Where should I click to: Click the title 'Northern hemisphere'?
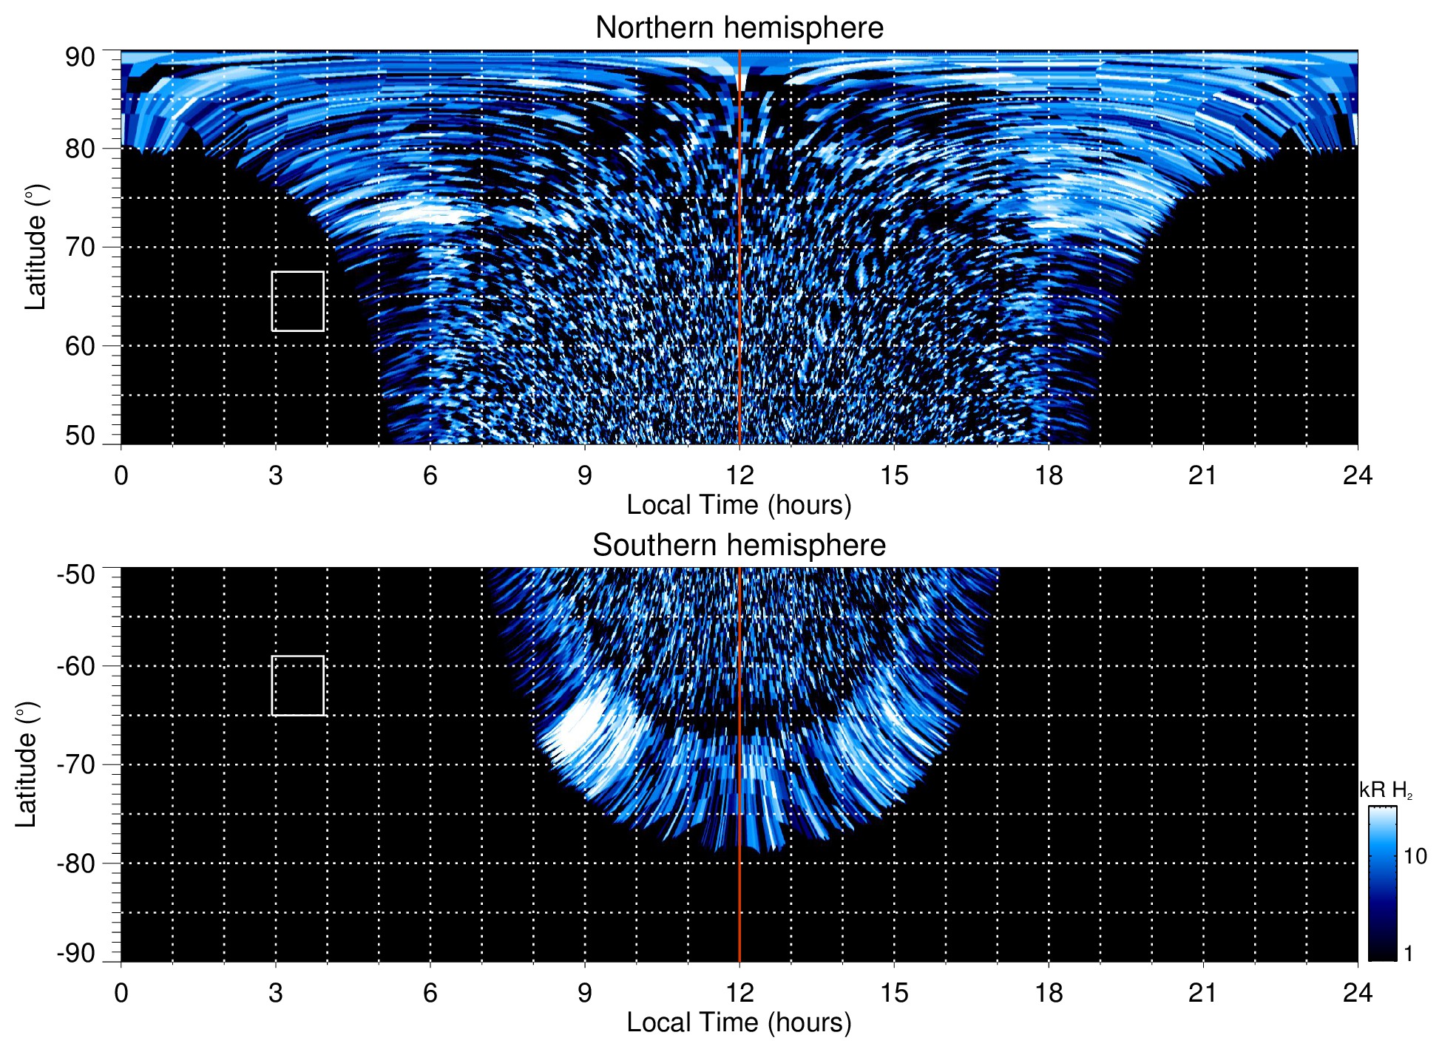click(x=739, y=28)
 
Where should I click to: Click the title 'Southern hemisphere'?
click(x=739, y=546)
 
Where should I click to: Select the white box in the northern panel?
click(x=297, y=301)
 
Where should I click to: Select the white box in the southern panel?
click(x=297, y=685)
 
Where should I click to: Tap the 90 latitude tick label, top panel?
click(x=80, y=58)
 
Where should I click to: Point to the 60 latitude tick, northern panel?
click(x=80, y=346)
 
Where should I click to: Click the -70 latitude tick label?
click(x=75, y=764)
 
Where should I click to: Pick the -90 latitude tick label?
click(x=75, y=953)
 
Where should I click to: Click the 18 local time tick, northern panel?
click(x=1048, y=475)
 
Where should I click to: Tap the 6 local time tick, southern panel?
click(x=430, y=993)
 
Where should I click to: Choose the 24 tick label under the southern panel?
click(x=1357, y=993)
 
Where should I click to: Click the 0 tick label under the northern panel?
click(x=121, y=475)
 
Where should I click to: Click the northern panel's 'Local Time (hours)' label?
click(x=739, y=505)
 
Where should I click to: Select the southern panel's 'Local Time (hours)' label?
click(x=739, y=1022)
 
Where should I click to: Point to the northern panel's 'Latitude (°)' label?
click(x=35, y=247)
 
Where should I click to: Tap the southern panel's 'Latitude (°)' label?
click(x=27, y=764)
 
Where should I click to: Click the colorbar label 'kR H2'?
click(x=1385, y=790)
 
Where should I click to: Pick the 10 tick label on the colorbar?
click(x=1415, y=856)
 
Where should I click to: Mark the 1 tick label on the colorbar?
click(x=1408, y=954)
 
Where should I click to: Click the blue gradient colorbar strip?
click(x=1382, y=883)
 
